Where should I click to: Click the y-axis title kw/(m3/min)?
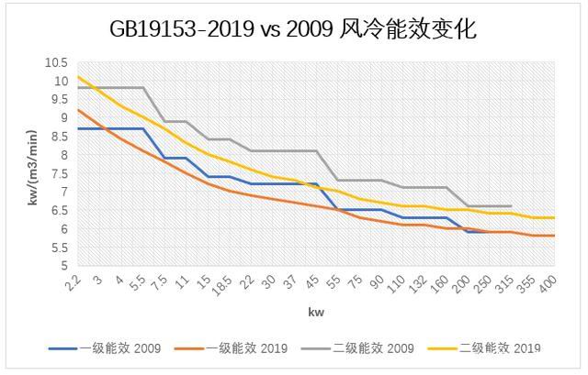tap(34, 165)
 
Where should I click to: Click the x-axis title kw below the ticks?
tap(316, 313)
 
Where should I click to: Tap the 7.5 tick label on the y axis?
tap(58, 173)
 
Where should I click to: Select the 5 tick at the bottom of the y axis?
tap(62, 266)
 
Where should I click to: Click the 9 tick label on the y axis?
tap(62, 118)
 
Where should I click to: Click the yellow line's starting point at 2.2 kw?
tap(78, 77)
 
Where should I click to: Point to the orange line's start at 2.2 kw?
tap(78, 110)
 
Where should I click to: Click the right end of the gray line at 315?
tap(511, 206)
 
